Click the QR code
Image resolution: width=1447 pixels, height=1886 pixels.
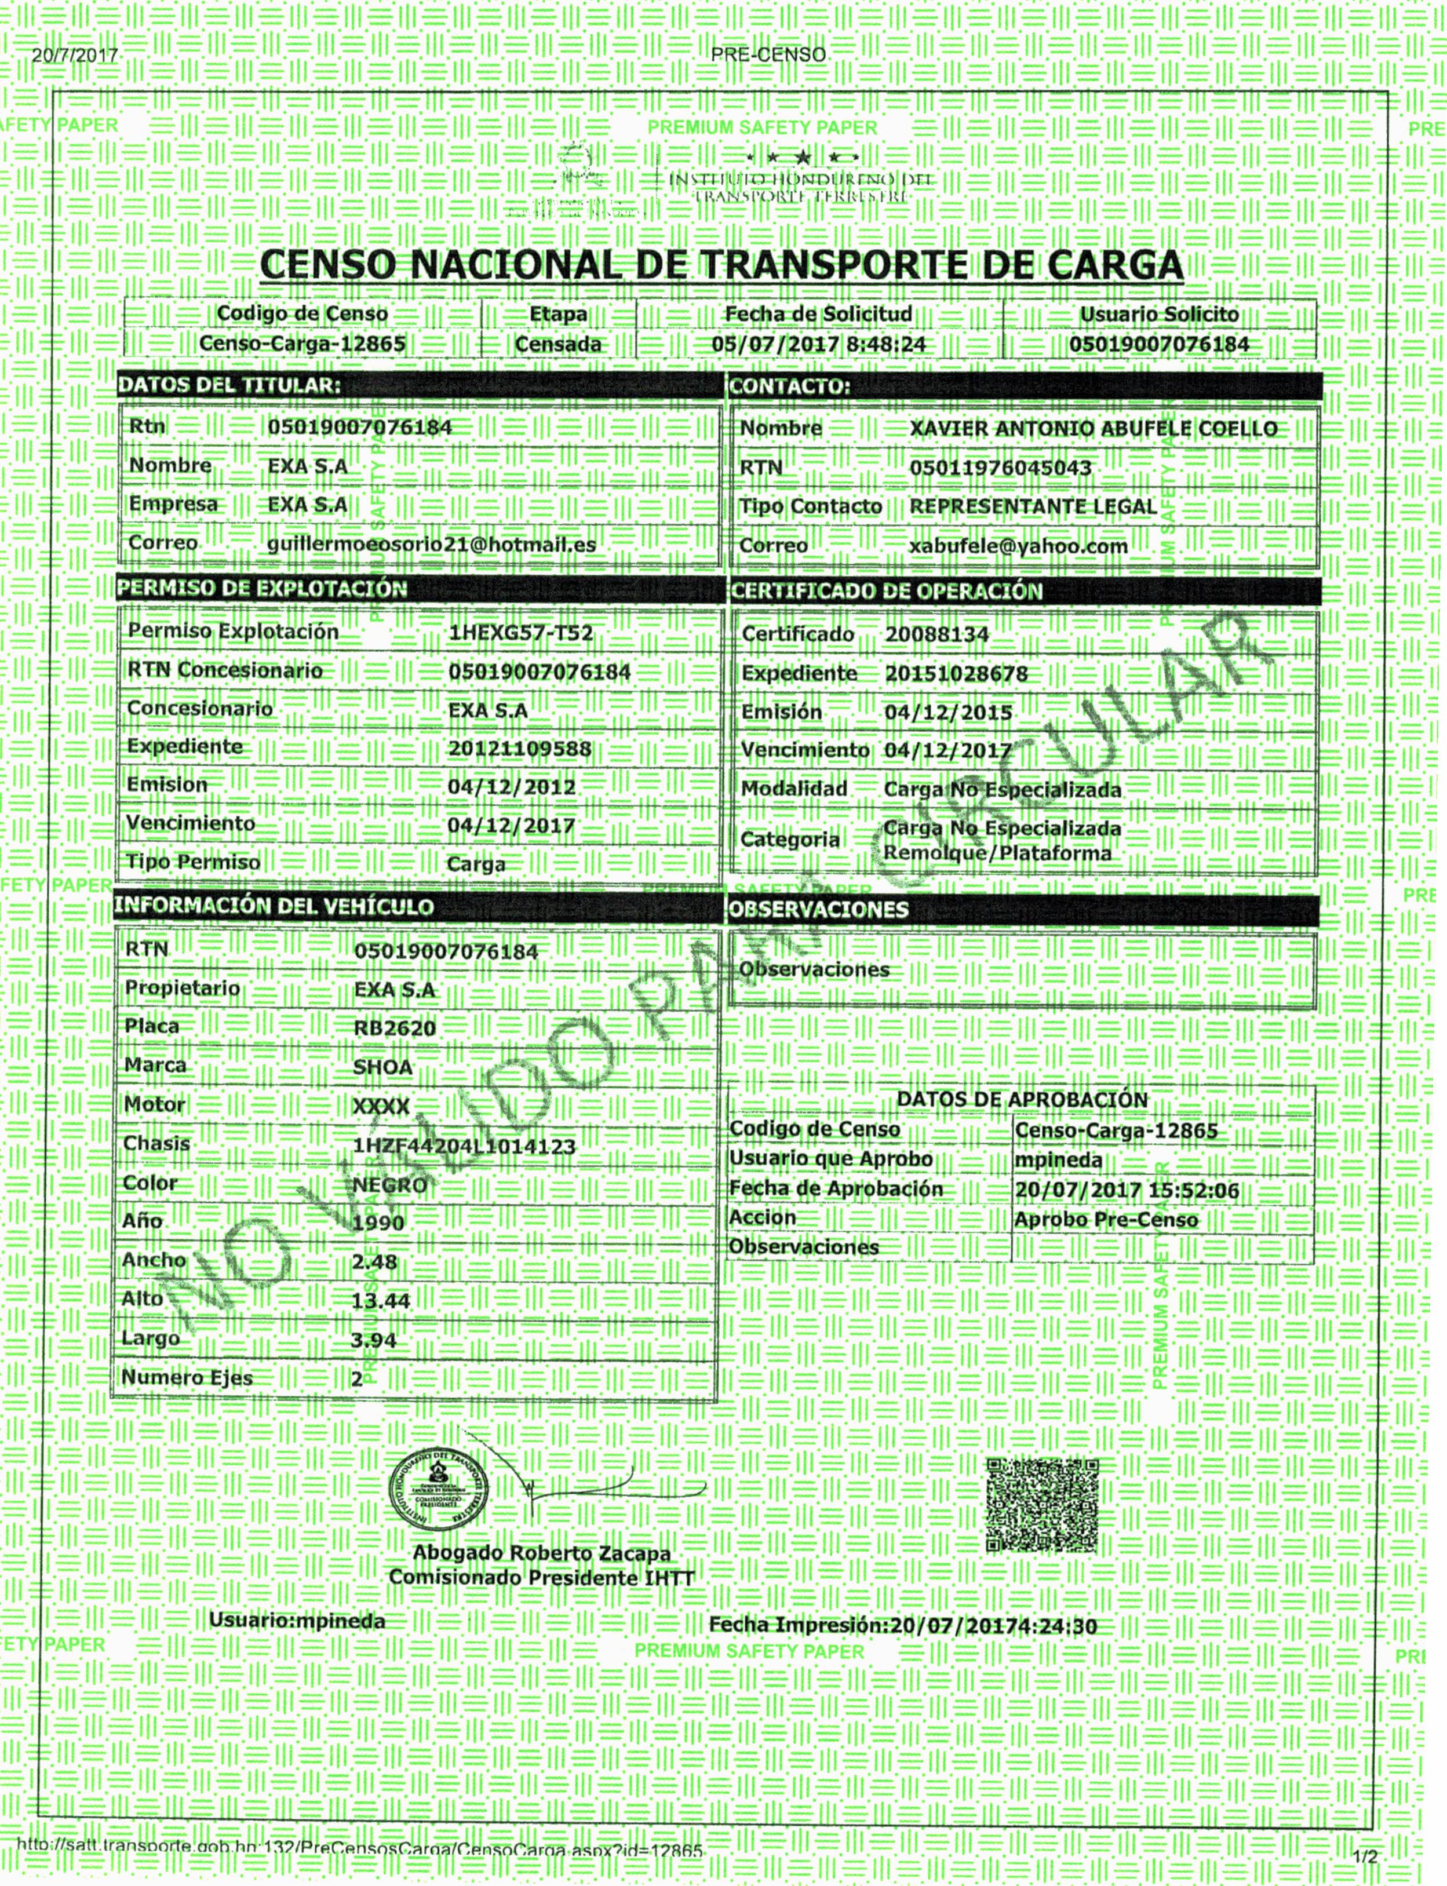tap(1042, 1505)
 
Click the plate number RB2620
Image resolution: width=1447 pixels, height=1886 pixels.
tap(395, 1027)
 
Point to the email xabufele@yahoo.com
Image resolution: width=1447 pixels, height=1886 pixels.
tap(1018, 546)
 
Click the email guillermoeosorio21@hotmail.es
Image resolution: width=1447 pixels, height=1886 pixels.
tap(432, 544)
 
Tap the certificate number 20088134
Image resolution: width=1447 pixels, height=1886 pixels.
tap(937, 634)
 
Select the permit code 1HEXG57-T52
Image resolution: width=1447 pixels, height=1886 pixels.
tap(520, 633)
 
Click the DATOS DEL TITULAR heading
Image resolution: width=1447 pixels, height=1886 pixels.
tap(229, 385)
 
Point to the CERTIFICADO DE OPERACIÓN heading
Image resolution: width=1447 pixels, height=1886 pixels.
tap(886, 591)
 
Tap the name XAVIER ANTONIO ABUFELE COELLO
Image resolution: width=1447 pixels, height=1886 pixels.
tap(1093, 429)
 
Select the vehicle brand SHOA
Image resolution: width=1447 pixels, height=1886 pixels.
tap(382, 1067)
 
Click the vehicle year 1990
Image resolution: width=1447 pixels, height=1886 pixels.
tap(378, 1223)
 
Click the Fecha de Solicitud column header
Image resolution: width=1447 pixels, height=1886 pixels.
tap(818, 313)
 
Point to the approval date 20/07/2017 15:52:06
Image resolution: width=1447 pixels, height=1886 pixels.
tap(1127, 1191)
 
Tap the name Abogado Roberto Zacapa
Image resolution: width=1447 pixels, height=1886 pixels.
tap(542, 1553)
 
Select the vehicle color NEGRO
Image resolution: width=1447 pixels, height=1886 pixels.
tap(389, 1185)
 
